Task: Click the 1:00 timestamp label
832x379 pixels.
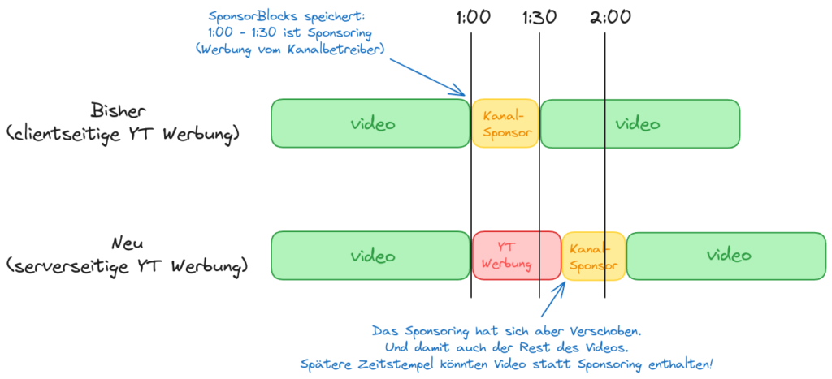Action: (x=471, y=17)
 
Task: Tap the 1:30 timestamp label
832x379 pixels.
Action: (x=539, y=17)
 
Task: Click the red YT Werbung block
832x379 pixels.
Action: (x=517, y=256)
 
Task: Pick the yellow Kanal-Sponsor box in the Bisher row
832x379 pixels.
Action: (x=505, y=123)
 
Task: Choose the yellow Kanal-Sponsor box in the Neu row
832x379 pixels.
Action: (x=594, y=256)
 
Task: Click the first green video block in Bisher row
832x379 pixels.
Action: (x=370, y=123)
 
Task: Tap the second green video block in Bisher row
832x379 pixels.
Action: (x=640, y=123)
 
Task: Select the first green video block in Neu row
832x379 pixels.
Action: (x=370, y=256)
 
